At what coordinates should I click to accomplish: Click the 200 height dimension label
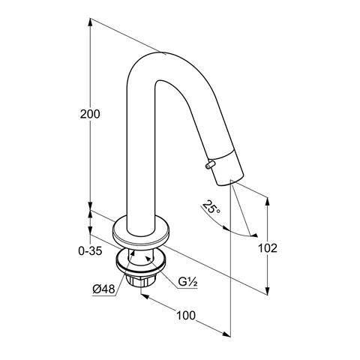(x=90, y=114)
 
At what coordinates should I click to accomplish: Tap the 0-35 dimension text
(x=90, y=250)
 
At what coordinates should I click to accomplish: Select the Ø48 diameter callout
(x=103, y=289)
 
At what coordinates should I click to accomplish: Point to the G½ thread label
(x=187, y=282)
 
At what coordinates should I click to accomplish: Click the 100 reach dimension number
(x=186, y=316)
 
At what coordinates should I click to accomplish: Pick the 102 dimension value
(x=268, y=248)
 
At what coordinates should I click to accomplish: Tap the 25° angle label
(x=211, y=207)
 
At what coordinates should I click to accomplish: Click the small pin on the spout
(x=210, y=165)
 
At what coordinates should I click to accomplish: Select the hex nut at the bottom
(x=140, y=280)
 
